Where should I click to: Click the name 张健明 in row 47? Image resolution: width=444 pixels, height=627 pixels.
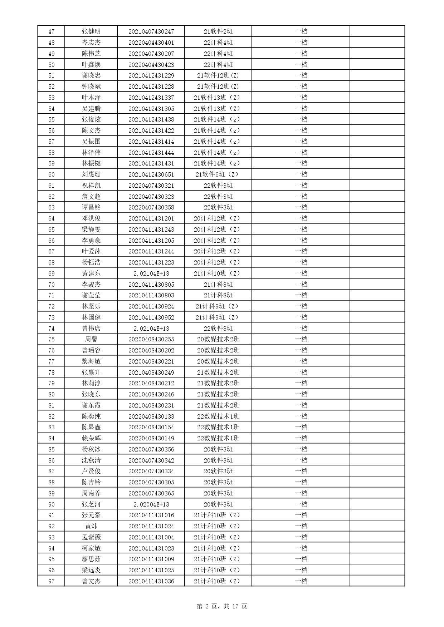click(91, 31)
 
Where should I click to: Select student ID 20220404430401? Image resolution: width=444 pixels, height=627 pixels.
click(151, 43)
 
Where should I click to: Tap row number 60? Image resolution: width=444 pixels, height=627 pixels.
click(51, 174)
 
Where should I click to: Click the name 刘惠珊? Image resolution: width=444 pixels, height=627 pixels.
click(91, 174)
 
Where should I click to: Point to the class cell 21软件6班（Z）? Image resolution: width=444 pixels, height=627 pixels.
click(218, 174)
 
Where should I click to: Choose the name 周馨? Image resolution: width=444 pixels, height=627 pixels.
click(91, 339)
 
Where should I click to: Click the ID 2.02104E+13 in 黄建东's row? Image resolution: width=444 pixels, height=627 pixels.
click(151, 273)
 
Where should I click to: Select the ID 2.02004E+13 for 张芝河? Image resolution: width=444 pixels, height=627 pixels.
click(151, 504)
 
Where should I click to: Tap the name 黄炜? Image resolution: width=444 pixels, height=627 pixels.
click(91, 526)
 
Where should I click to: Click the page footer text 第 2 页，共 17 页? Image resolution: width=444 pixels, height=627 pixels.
click(222, 606)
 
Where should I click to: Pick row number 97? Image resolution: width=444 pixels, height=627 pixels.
click(51, 581)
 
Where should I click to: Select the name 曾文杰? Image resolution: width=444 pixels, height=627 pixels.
click(91, 581)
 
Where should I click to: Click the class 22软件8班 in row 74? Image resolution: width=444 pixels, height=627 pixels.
click(218, 329)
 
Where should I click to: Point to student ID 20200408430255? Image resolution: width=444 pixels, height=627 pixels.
click(151, 339)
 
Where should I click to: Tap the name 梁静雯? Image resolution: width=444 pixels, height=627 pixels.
click(91, 229)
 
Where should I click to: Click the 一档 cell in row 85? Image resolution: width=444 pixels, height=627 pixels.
click(301, 449)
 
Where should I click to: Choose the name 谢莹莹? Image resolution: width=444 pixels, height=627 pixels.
click(91, 295)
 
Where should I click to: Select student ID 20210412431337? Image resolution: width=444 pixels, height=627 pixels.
click(151, 98)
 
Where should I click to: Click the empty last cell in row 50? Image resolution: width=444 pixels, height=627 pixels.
click(377, 65)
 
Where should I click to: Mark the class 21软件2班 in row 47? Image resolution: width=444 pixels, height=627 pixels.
click(218, 31)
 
